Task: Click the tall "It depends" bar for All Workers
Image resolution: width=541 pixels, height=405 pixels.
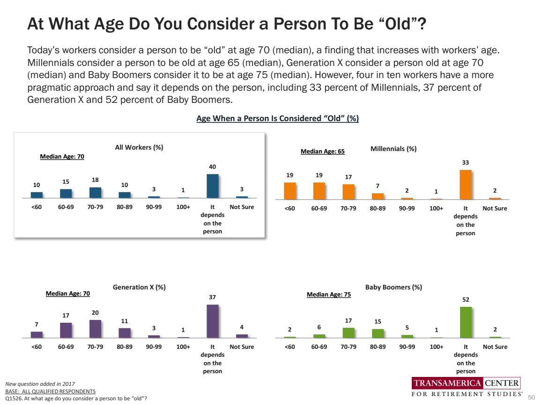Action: point(213,186)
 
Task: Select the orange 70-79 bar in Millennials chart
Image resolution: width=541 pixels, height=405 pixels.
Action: point(348,192)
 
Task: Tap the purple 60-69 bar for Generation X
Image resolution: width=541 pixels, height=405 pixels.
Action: point(66,330)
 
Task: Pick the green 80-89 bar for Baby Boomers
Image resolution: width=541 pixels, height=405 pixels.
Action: point(378,333)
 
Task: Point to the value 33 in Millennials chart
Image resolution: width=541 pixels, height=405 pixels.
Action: point(466,162)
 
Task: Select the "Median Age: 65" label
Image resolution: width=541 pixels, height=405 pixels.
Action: point(322,152)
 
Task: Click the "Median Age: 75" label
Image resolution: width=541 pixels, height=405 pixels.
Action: point(328,295)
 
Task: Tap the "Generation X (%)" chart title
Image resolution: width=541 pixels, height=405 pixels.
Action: point(139,287)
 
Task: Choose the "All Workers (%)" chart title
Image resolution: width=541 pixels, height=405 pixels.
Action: point(139,147)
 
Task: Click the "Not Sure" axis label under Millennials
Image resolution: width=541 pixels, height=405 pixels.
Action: point(495,208)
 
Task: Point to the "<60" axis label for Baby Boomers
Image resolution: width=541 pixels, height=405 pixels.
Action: point(290,347)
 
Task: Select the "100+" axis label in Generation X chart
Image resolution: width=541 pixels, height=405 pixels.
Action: point(183,347)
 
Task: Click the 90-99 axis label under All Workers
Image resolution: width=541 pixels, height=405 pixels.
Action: point(154,206)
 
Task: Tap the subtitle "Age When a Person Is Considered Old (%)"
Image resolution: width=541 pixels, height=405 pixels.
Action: point(277,119)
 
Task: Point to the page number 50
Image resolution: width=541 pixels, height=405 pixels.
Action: point(531,397)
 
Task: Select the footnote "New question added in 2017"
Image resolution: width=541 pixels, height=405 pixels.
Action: point(40,383)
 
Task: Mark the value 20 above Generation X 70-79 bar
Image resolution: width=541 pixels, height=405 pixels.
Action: point(95,312)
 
